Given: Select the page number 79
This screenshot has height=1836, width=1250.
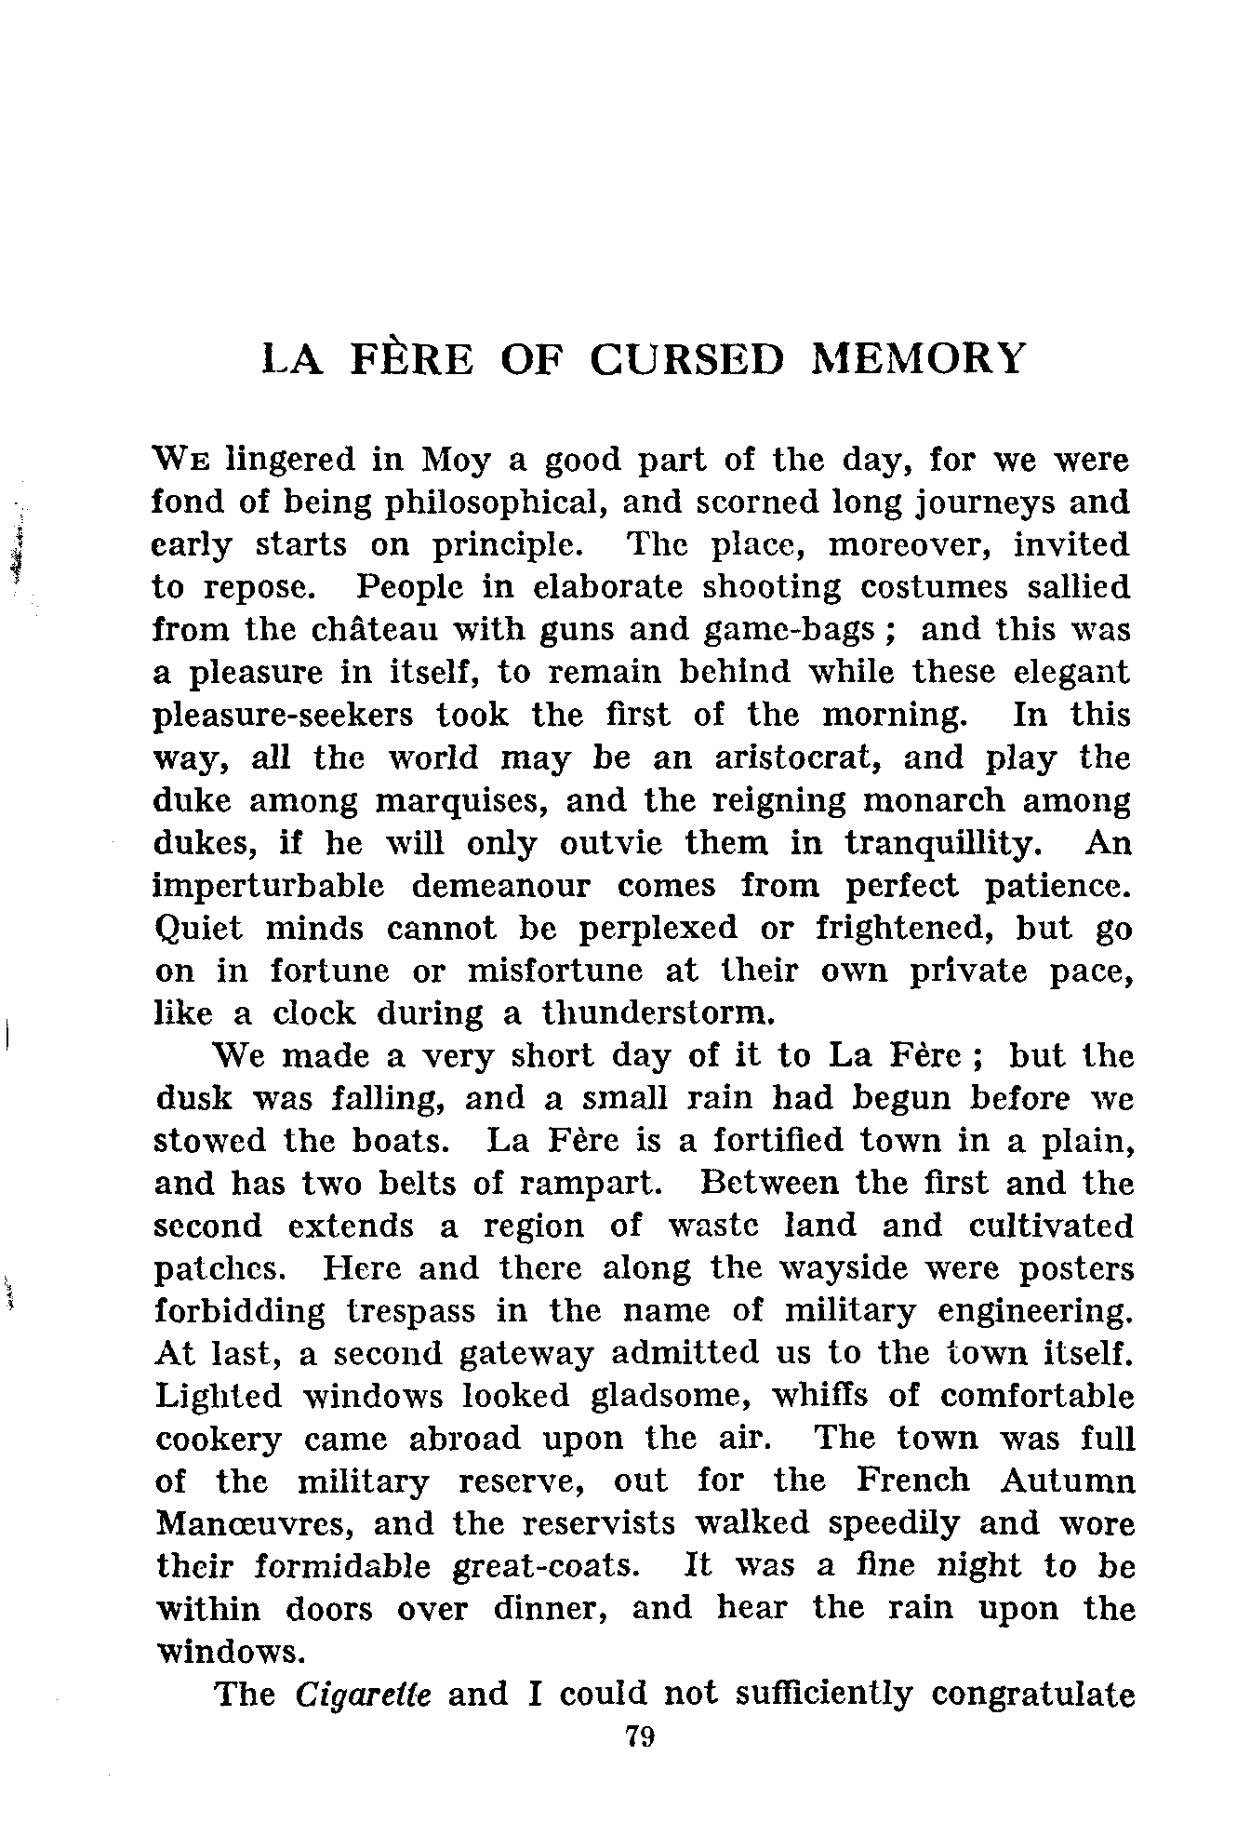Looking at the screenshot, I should (641, 1736).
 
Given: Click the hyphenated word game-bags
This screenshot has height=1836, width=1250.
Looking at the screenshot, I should (786, 632).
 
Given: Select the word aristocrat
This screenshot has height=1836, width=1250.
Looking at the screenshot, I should (796, 758).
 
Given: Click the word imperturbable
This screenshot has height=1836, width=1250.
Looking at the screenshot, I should (268, 887).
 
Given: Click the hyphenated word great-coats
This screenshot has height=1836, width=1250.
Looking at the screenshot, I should (545, 1567).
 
